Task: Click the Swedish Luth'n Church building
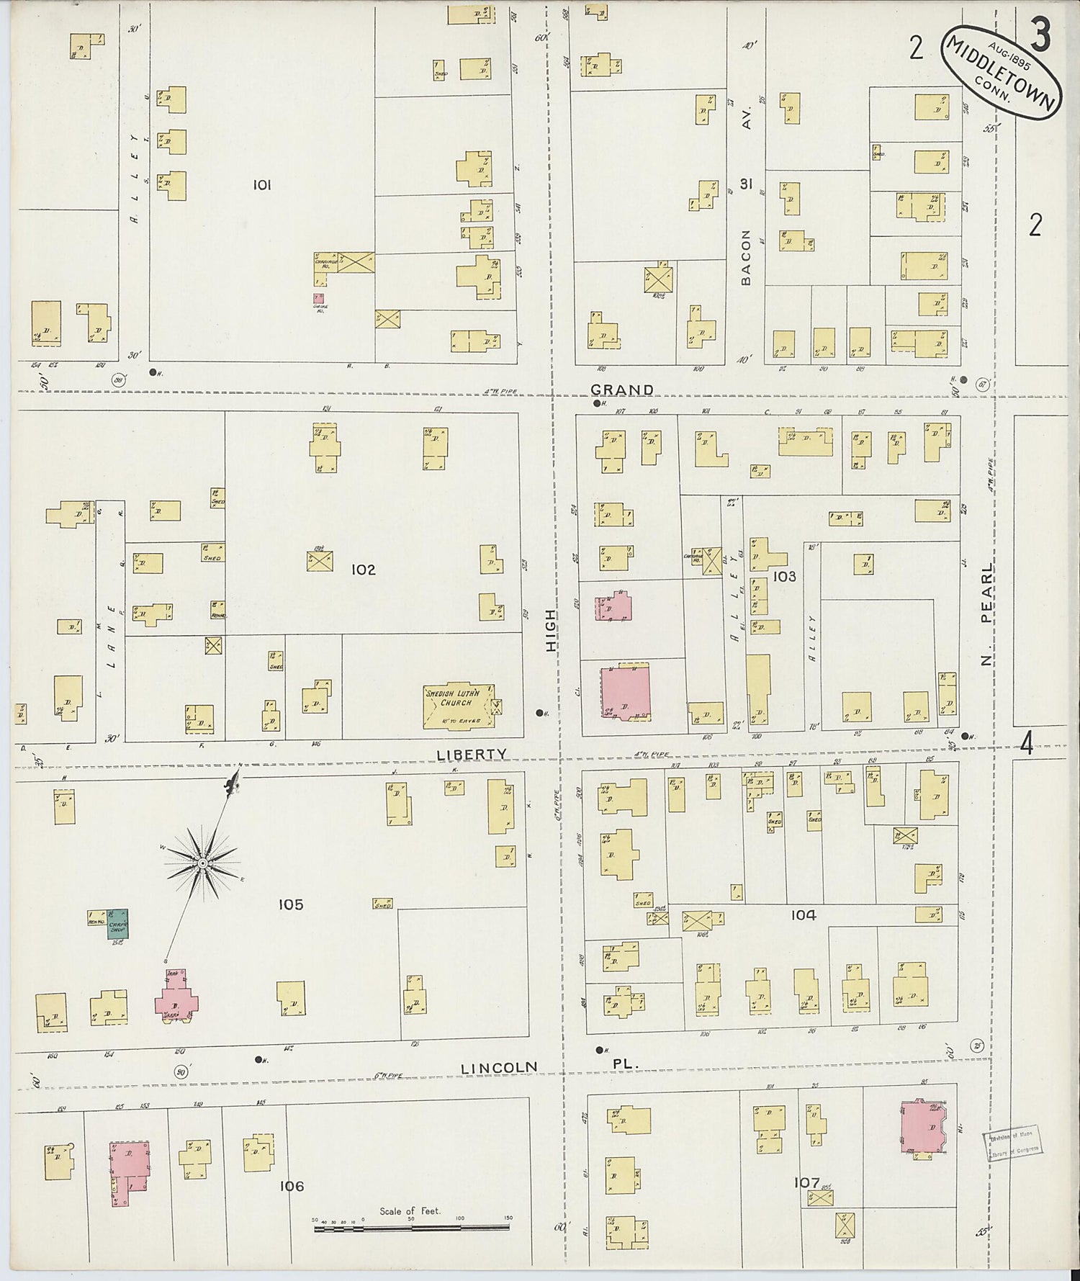pos(457,706)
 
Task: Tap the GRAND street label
pos(622,390)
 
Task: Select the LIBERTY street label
pos(472,754)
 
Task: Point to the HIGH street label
pos(551,631)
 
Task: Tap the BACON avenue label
pos(746,257)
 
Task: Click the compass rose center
pos(203,863)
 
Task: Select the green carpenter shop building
pos(117,924)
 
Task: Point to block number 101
pos(261,185)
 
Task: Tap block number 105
pos(291,905)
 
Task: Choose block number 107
pos(806,1182)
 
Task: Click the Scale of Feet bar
pos(411,1228)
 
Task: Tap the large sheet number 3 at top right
pos(1039,34)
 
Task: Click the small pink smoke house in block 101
pos(318,298)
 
